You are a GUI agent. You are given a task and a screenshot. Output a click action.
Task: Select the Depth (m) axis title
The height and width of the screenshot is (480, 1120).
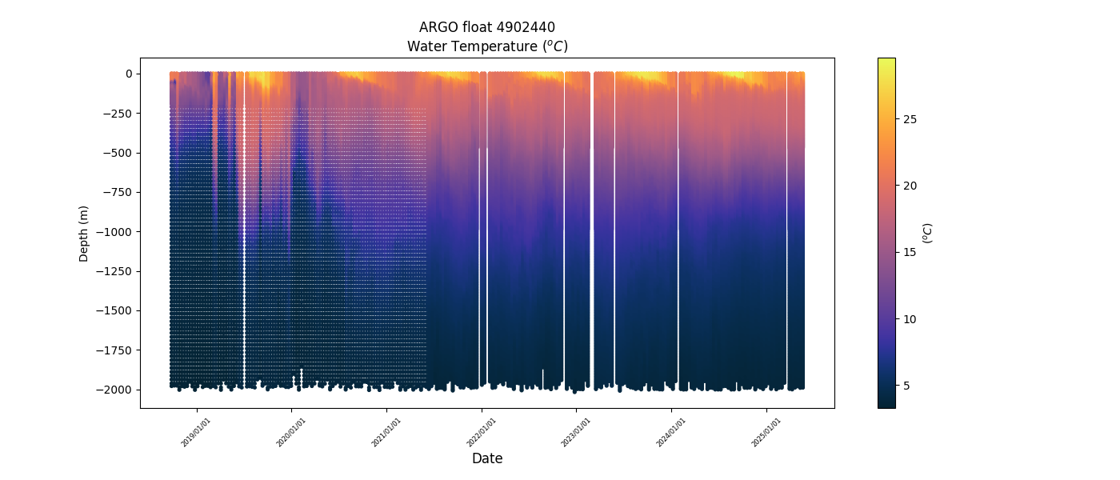point(84,233)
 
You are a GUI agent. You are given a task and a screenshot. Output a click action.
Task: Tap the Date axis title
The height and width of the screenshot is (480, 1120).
point(487,458)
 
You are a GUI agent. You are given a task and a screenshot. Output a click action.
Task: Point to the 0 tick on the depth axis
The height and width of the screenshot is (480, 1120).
point(128,74)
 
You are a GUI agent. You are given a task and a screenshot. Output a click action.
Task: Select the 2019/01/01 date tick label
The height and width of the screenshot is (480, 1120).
point(196,432)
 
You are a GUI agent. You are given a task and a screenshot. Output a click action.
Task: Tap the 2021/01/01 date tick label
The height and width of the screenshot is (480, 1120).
point(386,432)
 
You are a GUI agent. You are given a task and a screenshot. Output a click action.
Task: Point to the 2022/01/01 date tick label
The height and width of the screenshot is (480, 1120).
point(482,432)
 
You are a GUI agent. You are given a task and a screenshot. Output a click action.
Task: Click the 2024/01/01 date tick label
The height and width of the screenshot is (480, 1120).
point(671,432)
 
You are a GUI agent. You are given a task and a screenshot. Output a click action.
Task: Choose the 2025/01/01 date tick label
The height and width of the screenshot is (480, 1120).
point(766,432)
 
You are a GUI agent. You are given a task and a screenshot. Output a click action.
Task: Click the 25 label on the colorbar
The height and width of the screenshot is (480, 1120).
point(910,119)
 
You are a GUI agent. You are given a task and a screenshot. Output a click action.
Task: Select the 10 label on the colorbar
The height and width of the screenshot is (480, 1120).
point(910,319)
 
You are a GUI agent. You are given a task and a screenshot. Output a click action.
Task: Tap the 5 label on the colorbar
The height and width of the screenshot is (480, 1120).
point(907,386)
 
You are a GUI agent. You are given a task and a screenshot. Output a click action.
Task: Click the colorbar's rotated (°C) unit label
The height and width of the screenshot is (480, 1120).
point(928,233)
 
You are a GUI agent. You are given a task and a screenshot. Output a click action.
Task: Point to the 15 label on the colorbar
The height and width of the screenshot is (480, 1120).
point(910,253)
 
